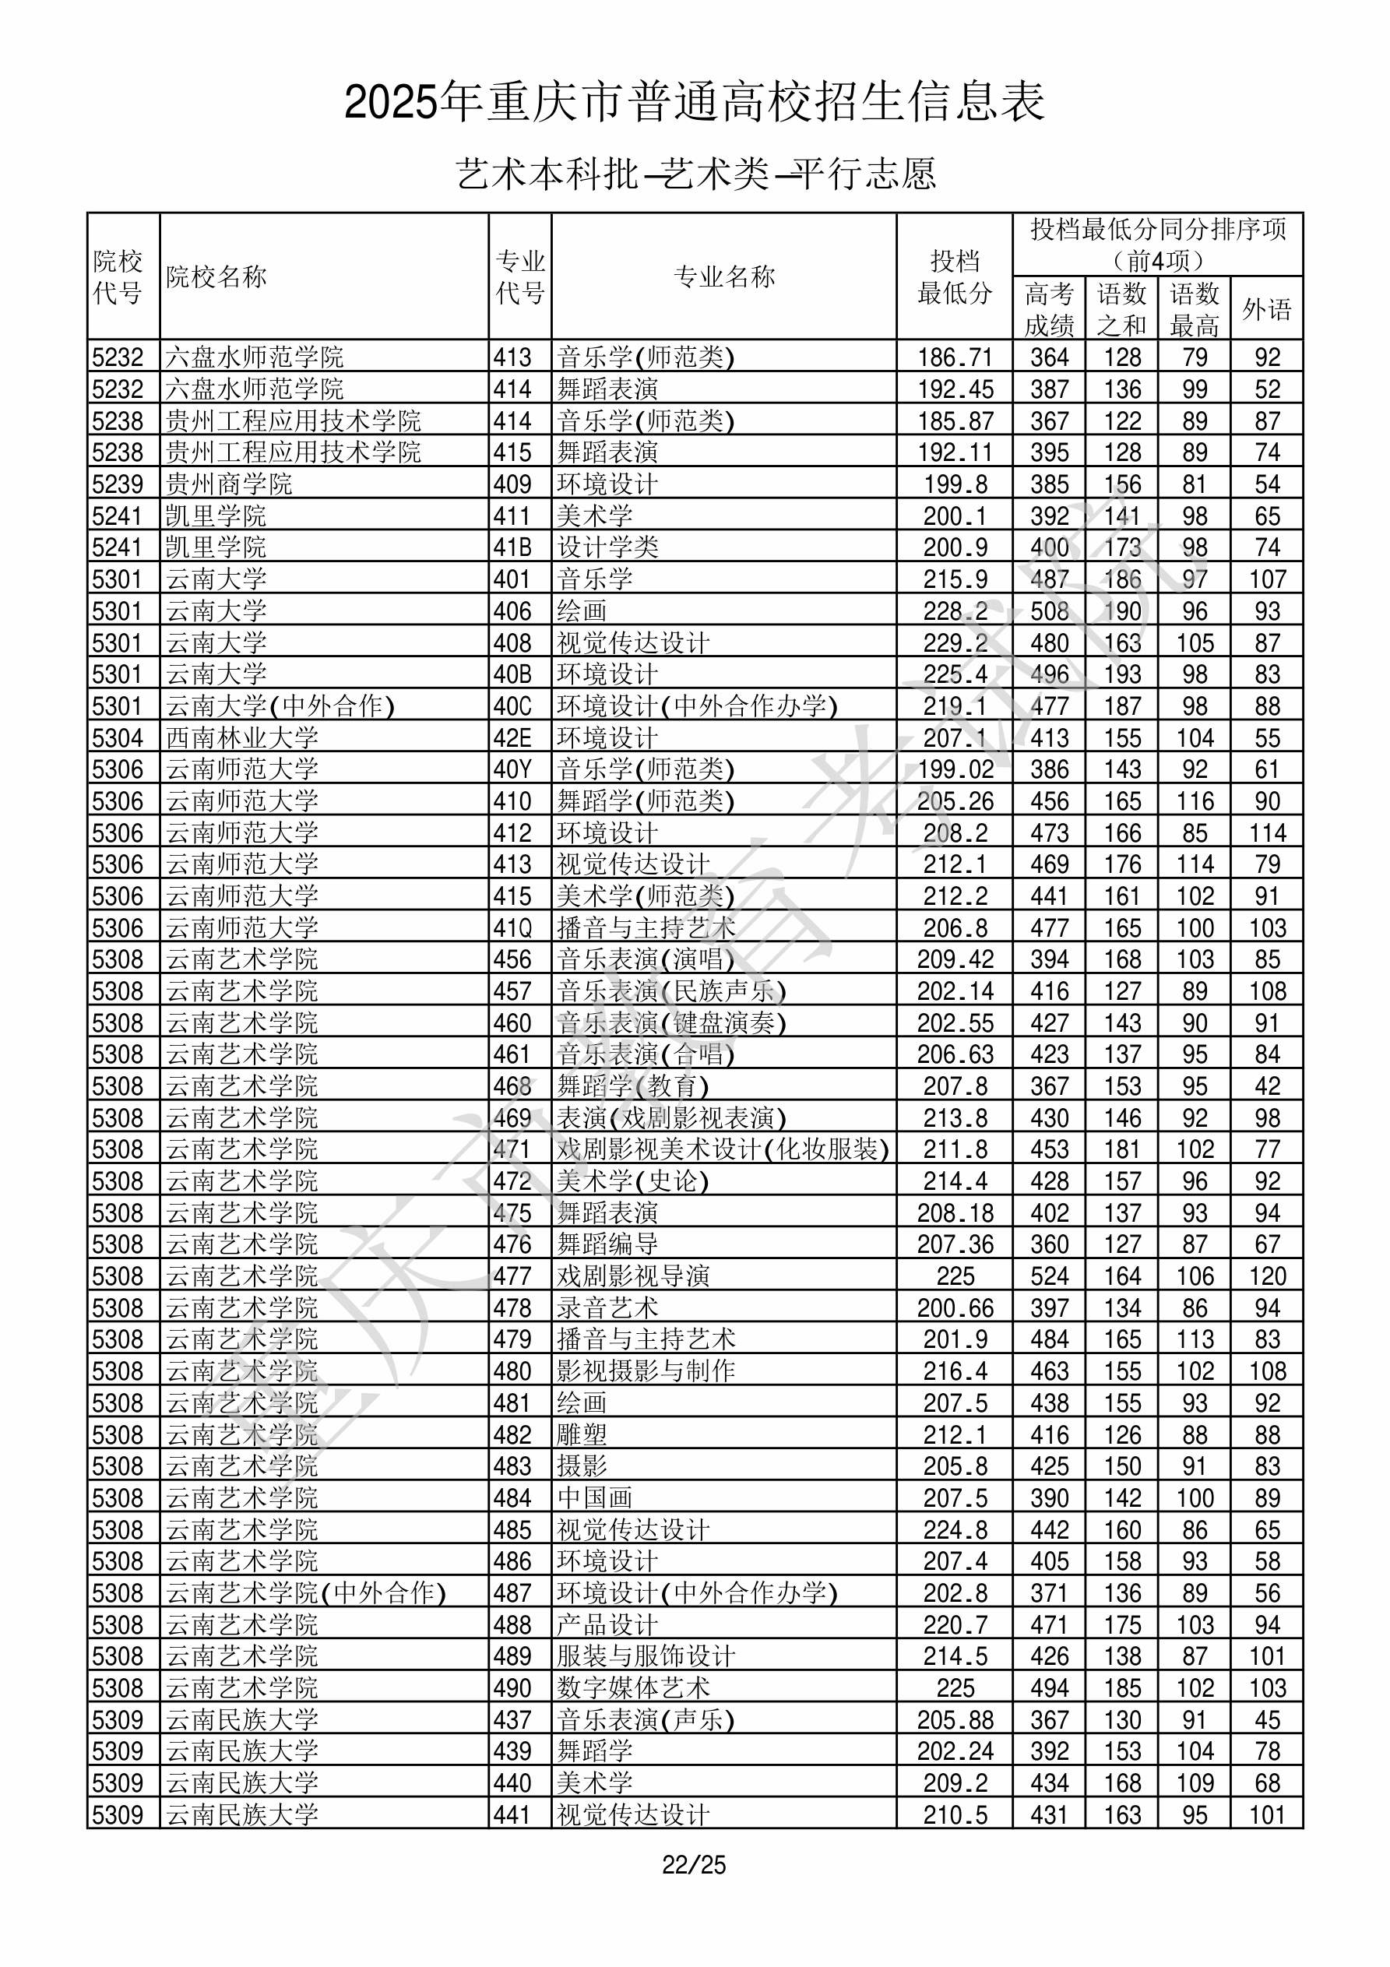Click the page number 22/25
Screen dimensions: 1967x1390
click(x=693, y=1864)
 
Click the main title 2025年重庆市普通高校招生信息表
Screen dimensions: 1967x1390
click(x=694, y=102)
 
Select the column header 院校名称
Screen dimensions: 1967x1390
click(x=216, y=276)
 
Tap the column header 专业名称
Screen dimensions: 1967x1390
click(x=724, y=276)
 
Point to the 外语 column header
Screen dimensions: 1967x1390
click(x=1267, y=309)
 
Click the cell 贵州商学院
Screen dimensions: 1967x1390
click(x=229, y=484)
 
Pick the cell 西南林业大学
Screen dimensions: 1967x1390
click(x=241, y=737)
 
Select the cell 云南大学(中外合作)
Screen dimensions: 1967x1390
click(x=280, y=706)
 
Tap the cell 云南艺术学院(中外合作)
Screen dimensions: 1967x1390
click(x=306, y=1592)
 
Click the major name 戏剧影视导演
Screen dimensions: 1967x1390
click(x=633, y=1276)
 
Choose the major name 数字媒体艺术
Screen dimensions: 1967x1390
click(x=633, y=1687)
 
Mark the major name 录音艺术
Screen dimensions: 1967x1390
click(x=607, y=1307)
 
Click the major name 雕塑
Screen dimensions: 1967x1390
click(x=582, y=1434)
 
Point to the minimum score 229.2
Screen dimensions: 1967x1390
click(x=955, y=642)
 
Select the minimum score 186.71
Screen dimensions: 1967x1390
click(x=955, y=357)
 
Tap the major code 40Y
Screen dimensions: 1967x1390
click(x=512, y=769)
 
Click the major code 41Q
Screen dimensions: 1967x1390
click(x=512, y=927)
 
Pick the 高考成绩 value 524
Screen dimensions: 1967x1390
click(x=1049, y=1276)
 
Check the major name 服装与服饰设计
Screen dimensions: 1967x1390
click(x=646, y=1656)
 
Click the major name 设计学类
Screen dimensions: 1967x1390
click(x=607, y=547)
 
